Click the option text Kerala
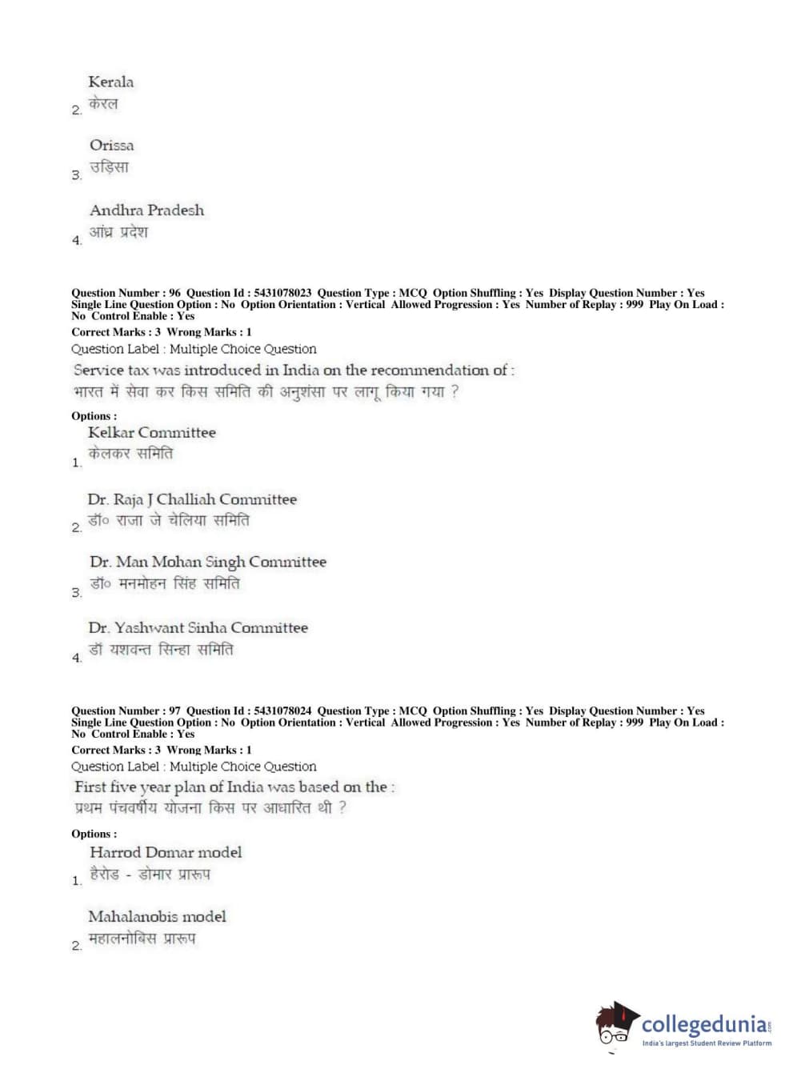pyautogui.click(x=110, y=82)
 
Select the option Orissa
pyautogui.click(x=111, y=146)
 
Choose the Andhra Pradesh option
pyautogui.click(x=146, y=210)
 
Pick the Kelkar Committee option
pyautogui.click(x=151, y=433)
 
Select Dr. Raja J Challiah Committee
pyautogui.click(x=192, y=499)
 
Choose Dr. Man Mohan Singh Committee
pyautogui.click(x=207, y=563)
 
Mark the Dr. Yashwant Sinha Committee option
pyautogui.click(x=198, y=628)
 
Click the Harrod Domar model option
pyautogui.click(x=165, y=853)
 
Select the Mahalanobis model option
pyautogui.click(x=157, y=917)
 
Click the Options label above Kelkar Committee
pyautogui.click(x=94, y=416)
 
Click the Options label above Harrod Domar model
pyautogui.click(x=94, y=834)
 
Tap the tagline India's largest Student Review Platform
pyautogui.click(x=707, y=1043)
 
